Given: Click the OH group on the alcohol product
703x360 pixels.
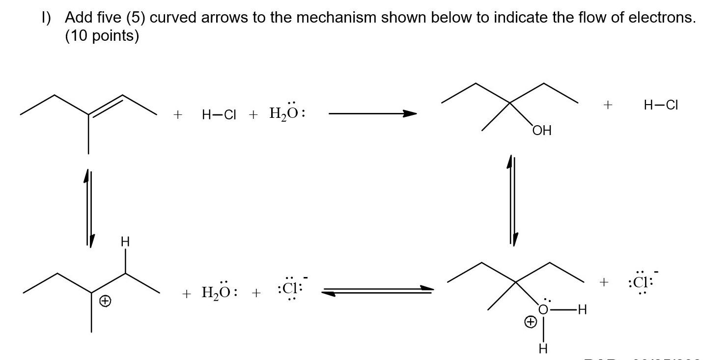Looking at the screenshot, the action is (541, 131).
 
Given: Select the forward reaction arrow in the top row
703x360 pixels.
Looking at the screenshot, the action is (372, 114).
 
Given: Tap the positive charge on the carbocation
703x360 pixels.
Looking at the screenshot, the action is (104, 303).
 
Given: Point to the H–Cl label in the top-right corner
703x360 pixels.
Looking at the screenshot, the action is (660, 105).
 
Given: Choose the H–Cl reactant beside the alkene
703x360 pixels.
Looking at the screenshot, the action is (219, 115).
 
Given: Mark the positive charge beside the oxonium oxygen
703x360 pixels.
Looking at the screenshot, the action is (531, 323).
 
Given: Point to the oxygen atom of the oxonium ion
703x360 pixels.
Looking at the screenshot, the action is (543, 309).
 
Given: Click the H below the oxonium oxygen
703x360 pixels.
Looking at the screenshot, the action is (543, 349).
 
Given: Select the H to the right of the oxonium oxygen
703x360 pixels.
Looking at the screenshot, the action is (583, 310).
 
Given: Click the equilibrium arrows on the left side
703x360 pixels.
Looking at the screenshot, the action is (88, 206).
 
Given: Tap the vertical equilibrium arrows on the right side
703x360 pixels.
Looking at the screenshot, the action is (512, 200).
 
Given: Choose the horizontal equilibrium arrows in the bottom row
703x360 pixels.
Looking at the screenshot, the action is (377, 291).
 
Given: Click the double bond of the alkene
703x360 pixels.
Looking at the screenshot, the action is (105, 106).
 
